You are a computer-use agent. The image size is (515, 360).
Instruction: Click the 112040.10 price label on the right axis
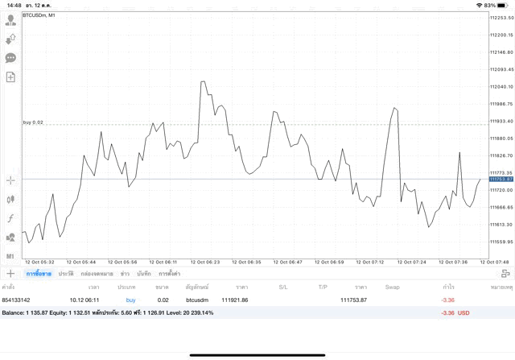(501, 87)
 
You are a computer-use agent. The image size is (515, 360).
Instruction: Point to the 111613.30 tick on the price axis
(501, 225)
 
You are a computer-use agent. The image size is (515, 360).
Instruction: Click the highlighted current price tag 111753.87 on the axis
(501, 179)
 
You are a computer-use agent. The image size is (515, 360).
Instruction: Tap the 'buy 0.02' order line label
(33, 122)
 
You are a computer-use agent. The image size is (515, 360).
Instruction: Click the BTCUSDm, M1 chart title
(39, 15)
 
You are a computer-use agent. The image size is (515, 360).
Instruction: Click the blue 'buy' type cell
(130, 300)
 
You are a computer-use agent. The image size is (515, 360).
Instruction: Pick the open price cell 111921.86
(234, 300)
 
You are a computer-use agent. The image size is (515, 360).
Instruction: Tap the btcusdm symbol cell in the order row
(196, 300)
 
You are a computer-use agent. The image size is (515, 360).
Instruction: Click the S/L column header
(283, 287)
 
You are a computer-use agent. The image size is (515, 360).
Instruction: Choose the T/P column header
(322, 287)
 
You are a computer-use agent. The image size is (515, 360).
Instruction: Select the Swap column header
(392, 287)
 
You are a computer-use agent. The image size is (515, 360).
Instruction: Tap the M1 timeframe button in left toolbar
(10, 256)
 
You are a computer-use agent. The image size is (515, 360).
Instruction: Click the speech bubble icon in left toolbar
(10, 58)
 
